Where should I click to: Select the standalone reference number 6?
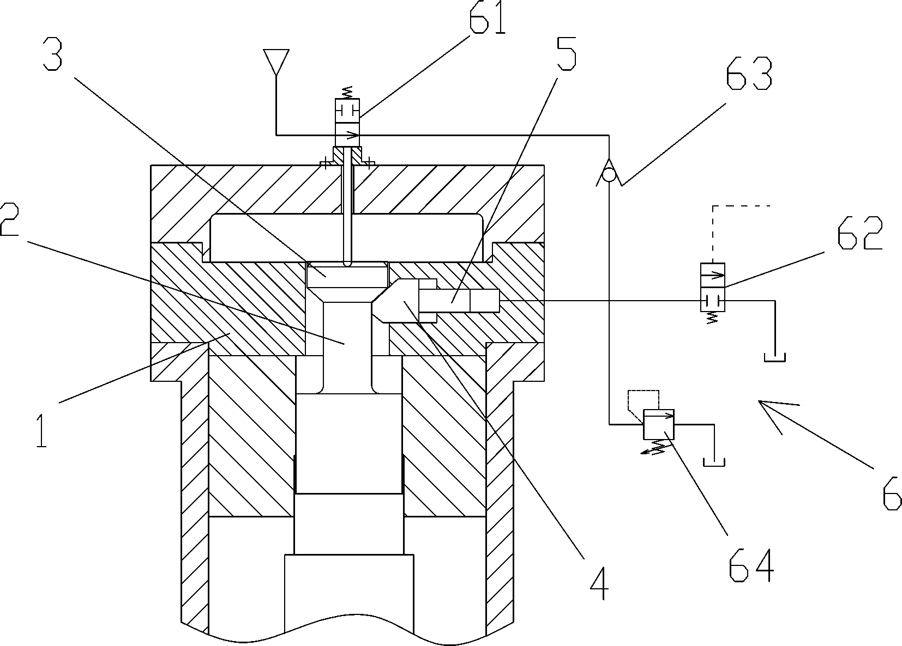pyautogui.click(x=891, y=493)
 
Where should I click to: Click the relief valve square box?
pyautogui.click(x=659, y=424)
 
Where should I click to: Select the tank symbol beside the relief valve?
pyautogui.click(x=713, y=462)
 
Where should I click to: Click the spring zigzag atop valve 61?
pyautogui.click(x=347, y=92)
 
